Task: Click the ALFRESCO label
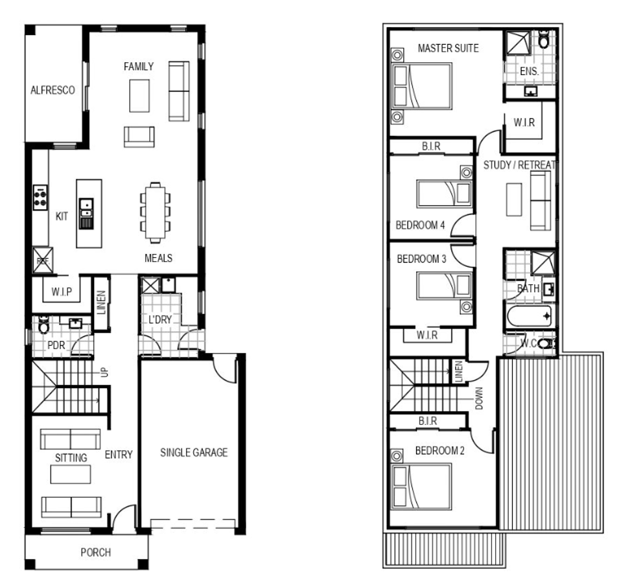coord(53,90)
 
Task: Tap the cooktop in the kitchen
coord(40,197)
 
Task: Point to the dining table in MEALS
coord(156,212)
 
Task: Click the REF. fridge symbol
coord(43,260)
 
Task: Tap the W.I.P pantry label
coord(62,292)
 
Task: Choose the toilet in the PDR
coord(43,325)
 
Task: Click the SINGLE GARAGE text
coord(194,452)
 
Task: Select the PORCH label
coord(95,553)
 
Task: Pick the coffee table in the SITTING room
coord(71,474)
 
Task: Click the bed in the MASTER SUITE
coord(421,86)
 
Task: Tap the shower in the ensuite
coord(519,43)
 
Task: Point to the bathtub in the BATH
coord(529,316)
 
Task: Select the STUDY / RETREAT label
coord(520,165)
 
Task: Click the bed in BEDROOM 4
coord(445,194)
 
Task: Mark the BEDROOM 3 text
coord(421,258)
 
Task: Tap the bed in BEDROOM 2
coord(421,486)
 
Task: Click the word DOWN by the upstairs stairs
coord(479,398)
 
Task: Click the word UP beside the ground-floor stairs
coord(104,372)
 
